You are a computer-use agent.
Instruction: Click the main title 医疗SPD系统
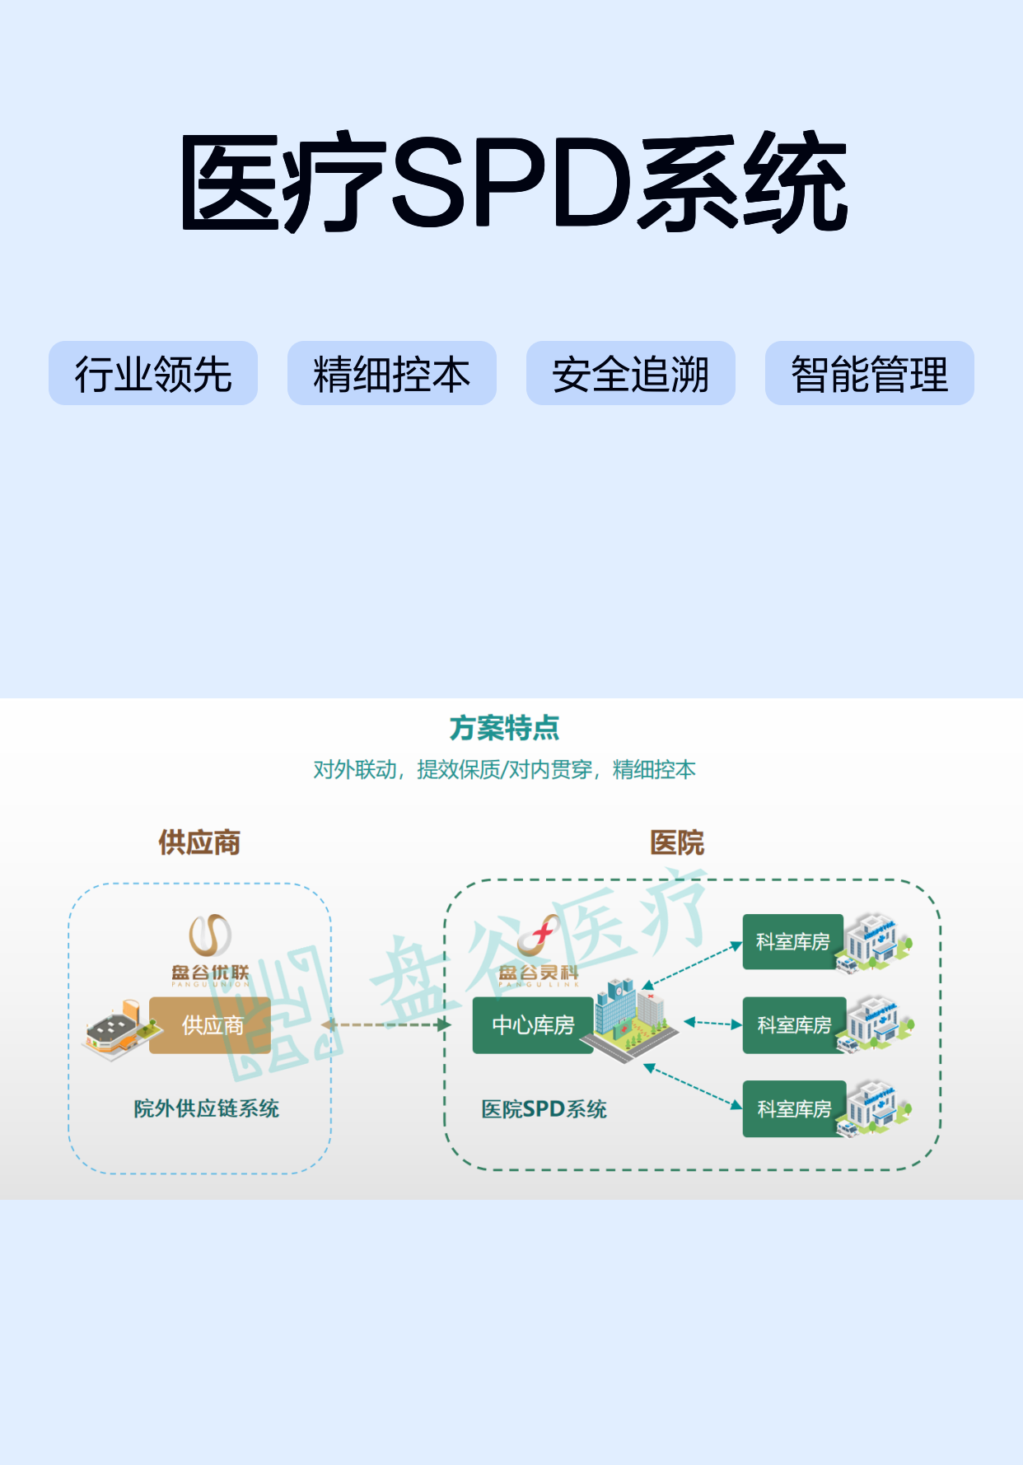pyautogui.click(x=514, y=181)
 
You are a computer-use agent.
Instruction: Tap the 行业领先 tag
pyautogui.click(x=153, y=373)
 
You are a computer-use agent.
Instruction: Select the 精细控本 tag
pyautogui.click(x=392, y=373)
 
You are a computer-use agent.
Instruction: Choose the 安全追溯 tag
pyautogui.click(x=631, y=373)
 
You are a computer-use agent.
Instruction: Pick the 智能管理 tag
pyautogui.click(x=870, y=373)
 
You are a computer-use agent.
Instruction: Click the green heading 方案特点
pyautogui.click(x=504, y=728)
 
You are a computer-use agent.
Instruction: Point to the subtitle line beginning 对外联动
pyautogui.click(x=504, y=770)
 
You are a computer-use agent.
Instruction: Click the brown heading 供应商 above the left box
pyautogui.click(x=199, y=842)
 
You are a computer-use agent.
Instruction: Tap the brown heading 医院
pyautogui.click(x=677, y=842)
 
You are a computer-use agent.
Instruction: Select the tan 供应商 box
pyautogui.click(x=210, y=1025)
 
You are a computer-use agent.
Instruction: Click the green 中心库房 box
pyautogui.click(x=533, y=1025)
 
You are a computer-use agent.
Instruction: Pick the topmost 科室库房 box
pyautogui.click(x=793, y=942)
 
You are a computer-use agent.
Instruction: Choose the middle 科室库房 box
pyautogui.click(x=794, y=1025)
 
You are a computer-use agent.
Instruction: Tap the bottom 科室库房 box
pyautogui.click(x=794, y=1109)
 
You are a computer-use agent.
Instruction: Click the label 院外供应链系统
pyautogui.click(x=207, y=1108)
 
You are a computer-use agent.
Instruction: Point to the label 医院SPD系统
pyautogui.click(x=544, y=1109)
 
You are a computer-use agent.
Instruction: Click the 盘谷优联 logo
pyautogui.click(x=210, y=950)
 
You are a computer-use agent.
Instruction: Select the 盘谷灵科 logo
pyautogui.click(x=539, y=950)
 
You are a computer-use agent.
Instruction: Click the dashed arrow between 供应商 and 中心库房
pyautogui.click(x=386, y=1025)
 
